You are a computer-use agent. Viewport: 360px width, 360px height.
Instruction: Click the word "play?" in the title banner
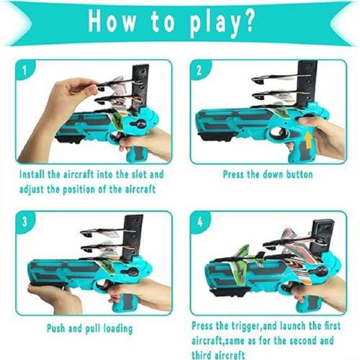tap(222, 23)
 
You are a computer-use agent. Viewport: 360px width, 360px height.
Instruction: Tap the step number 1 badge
tap(24, 70)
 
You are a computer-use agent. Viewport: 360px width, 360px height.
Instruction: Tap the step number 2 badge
tap(199, 70)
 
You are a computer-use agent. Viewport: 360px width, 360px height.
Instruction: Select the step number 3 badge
tap(24, 221)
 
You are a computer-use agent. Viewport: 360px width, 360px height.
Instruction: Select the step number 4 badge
tap(200, 222)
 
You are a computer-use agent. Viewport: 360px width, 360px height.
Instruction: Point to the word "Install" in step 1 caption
tap(32, 174)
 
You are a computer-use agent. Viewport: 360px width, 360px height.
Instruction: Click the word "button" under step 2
tap(300, 174)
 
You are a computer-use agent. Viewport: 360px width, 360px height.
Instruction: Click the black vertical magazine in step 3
tap(133, 238)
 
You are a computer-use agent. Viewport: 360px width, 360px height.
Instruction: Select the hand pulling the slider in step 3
tap(54, 297)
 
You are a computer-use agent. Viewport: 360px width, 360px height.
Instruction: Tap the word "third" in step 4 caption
tap(202, 355)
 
